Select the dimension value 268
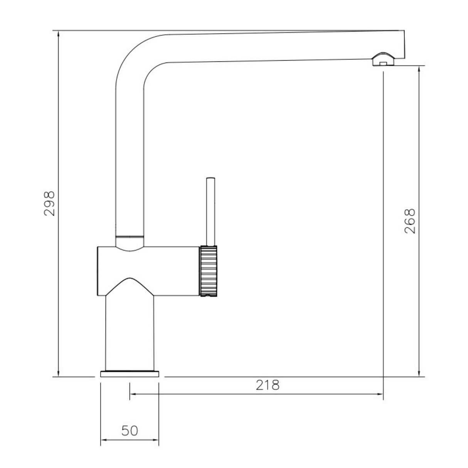coord(410,221)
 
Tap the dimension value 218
coord(268,385)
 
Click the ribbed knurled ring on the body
coord(209,271)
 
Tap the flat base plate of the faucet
coord(130,374)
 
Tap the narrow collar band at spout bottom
coord(130,236)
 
